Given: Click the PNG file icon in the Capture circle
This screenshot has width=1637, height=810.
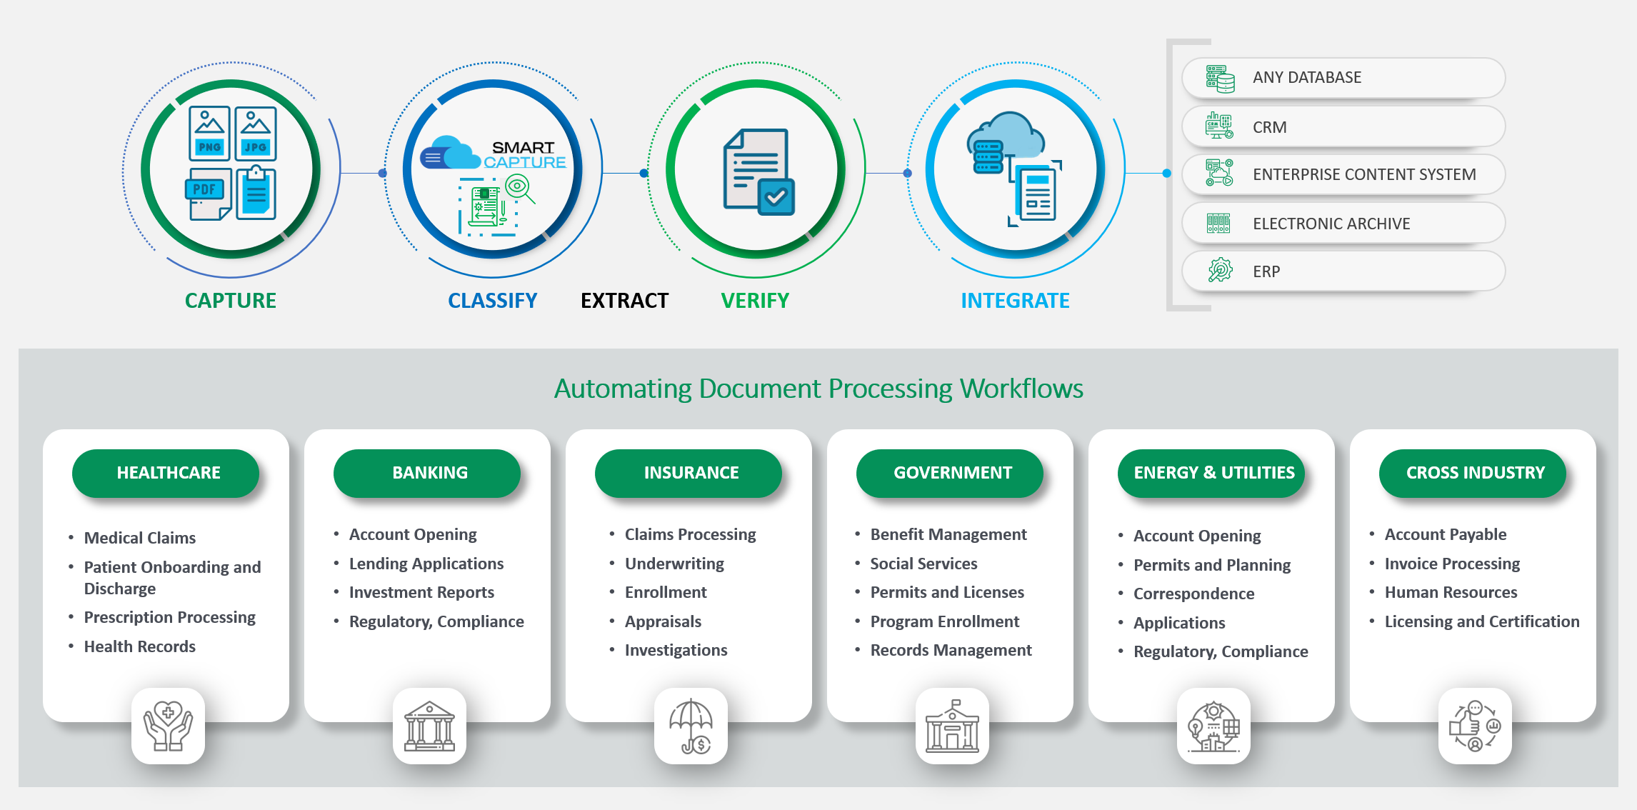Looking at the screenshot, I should pos(209,134).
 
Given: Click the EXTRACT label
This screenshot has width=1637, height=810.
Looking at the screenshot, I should pos(624,301).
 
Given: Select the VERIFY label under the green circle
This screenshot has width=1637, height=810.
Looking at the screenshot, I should pos(755,301).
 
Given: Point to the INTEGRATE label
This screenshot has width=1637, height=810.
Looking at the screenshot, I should pos(1015,301).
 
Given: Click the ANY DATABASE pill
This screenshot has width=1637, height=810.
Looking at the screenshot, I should pos(1343,78).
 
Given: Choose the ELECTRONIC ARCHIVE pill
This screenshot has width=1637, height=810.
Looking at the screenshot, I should pos(1343,224).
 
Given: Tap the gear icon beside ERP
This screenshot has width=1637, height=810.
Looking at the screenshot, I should pos(1220,271).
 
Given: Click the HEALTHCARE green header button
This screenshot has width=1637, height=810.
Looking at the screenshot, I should pos(169,473).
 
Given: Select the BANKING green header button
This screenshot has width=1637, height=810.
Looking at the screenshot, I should pos(430,473).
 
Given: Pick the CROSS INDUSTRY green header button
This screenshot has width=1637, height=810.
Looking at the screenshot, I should pos(1475,473).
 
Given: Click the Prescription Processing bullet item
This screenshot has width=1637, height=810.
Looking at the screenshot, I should pos(169,617).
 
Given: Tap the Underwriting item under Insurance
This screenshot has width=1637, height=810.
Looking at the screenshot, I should pos(674,564).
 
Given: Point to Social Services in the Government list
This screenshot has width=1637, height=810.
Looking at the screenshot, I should pos(923,564).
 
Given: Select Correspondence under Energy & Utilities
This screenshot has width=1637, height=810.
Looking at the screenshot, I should pos(1193,594).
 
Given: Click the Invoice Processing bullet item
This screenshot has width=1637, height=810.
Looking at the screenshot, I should pos(1452,564).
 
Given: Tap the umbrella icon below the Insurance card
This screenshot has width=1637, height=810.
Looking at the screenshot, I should pos(691,726).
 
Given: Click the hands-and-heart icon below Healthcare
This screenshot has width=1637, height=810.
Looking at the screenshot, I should pos(168,726).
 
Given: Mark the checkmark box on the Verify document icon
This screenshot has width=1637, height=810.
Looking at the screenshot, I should pos(776,196).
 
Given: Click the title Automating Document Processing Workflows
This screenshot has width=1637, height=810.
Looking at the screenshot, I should pos(818,389).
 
